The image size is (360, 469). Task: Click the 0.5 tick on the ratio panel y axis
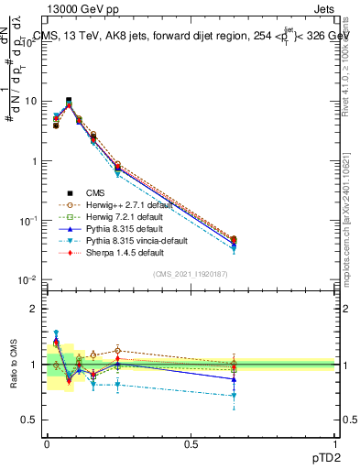pyautogui.click(x=30, y=420)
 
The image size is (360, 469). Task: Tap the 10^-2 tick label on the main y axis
pyautogui.click(x=27, y=280)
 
